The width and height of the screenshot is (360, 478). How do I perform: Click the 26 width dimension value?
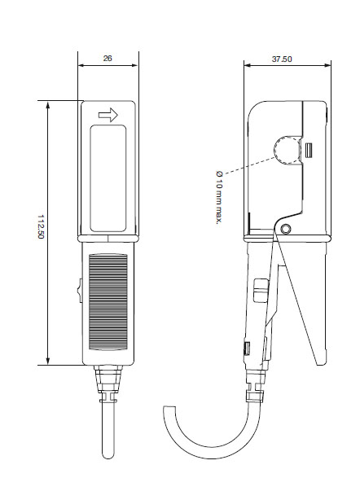108,59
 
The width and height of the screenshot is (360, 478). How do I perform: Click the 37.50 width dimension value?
282,59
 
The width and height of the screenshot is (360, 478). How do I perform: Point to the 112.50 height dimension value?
41,227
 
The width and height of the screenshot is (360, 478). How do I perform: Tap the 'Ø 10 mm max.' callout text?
219,198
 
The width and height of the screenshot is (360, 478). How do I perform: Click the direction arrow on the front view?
108,115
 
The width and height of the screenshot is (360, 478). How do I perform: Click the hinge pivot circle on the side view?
285,229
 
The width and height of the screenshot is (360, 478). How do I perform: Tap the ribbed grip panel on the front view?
108,301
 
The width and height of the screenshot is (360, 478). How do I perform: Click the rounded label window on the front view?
108,178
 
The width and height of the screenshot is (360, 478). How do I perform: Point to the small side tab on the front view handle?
80,291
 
